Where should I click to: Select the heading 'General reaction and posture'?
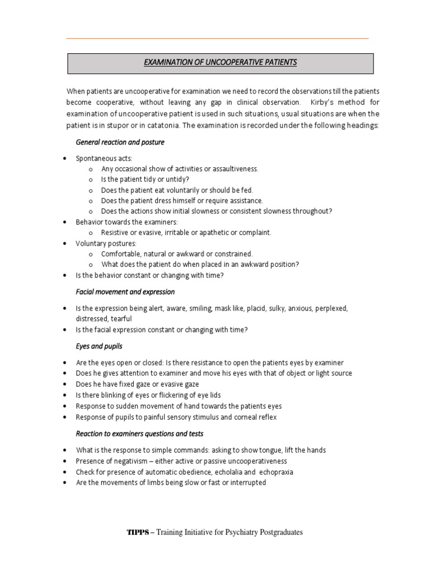pos(120,142)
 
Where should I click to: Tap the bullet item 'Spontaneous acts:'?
pos(104,159)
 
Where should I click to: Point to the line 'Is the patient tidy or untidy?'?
pos(145,180)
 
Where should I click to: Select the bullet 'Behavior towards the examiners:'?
pos(126,222)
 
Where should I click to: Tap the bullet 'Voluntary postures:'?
pos(106,243)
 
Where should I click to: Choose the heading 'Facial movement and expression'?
pos(125,292)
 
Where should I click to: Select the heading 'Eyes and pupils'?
pos(99,346)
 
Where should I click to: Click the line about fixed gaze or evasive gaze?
pos(137,384)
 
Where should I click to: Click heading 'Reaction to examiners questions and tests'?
pos(139,434)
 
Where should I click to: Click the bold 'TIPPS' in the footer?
pos(138,533)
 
